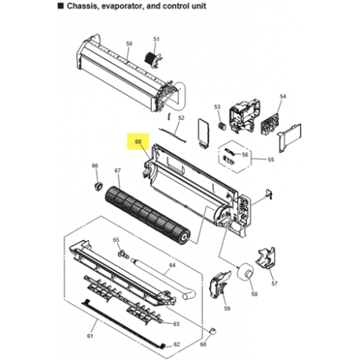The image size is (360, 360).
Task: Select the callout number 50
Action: point(130,43)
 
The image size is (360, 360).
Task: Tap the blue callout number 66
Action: point(95,166)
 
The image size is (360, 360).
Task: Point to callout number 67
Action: point(118,171)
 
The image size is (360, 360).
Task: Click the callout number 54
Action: point(282,97)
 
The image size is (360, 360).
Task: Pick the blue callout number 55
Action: point(270,160)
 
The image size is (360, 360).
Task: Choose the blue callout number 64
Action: point(171,266)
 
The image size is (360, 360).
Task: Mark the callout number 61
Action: point(90,336)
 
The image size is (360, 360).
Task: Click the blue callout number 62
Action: point(177,344)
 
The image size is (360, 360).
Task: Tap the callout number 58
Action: point(253,293)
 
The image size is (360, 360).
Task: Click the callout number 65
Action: point(116,240)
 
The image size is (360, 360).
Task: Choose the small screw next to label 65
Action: point(123,252)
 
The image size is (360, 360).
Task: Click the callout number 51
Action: point(156,39)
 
